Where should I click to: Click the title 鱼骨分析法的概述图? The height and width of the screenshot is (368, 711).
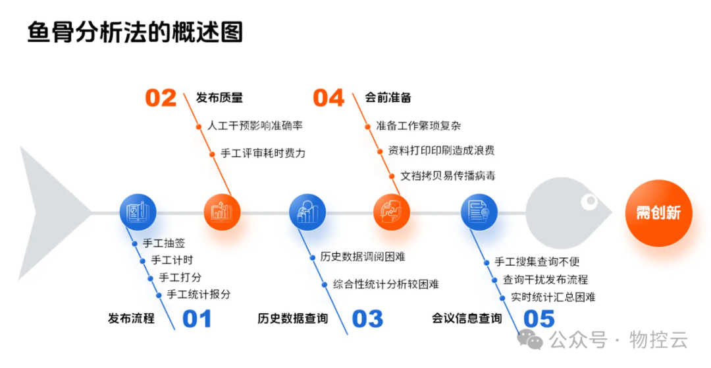(135, 32)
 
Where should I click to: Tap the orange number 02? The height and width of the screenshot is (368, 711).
(161, 98)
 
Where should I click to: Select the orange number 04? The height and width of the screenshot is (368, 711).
(329, 98)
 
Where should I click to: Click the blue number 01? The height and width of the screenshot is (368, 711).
(197, 319)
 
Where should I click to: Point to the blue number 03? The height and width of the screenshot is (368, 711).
(367, 319)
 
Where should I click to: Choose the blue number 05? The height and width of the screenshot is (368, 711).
(539, 319)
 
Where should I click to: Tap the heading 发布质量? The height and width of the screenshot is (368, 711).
(219, 98)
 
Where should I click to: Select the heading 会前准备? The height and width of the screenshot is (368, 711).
(388, 98)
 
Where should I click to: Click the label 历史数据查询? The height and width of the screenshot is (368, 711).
(292, 319)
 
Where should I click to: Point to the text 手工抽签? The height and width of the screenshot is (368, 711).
(164, 243)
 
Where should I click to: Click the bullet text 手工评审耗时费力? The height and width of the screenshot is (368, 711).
(263, 153)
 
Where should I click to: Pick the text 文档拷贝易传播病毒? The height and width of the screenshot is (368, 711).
(448, 175)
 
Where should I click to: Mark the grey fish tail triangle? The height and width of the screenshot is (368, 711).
(49, 212)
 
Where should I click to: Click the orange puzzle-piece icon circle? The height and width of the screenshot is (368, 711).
(392, 212)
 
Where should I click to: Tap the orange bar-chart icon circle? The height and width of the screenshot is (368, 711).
(222, 212)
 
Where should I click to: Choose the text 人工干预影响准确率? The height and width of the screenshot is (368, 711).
(255, 125)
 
